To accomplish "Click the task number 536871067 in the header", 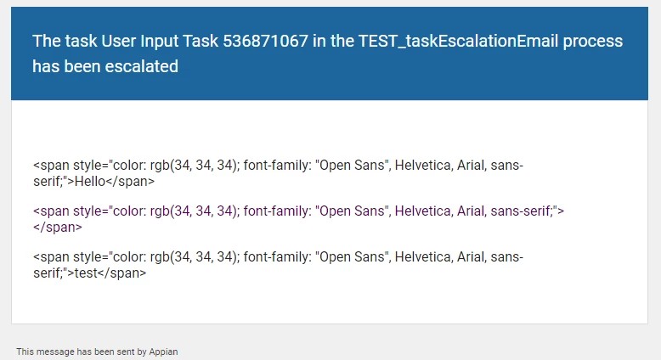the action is coord(266,42).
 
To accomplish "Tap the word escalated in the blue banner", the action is coord(142,66).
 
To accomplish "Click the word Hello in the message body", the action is coord(90,182).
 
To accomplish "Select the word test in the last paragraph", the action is coord(86,273).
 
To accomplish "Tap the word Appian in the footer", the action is coord(163,352).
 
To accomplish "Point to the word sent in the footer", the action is coord(126,352).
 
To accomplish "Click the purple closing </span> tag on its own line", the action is coord(58,228).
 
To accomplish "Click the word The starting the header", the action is coord(47,42).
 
